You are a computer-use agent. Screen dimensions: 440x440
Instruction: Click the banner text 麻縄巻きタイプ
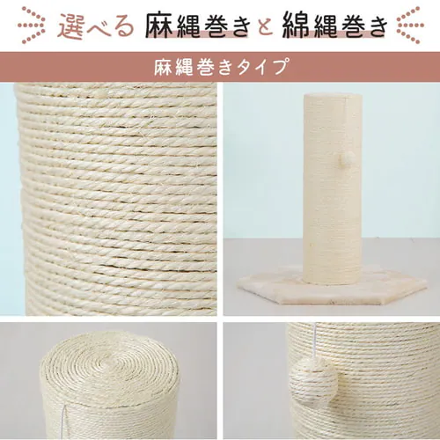[x=219, y=66]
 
